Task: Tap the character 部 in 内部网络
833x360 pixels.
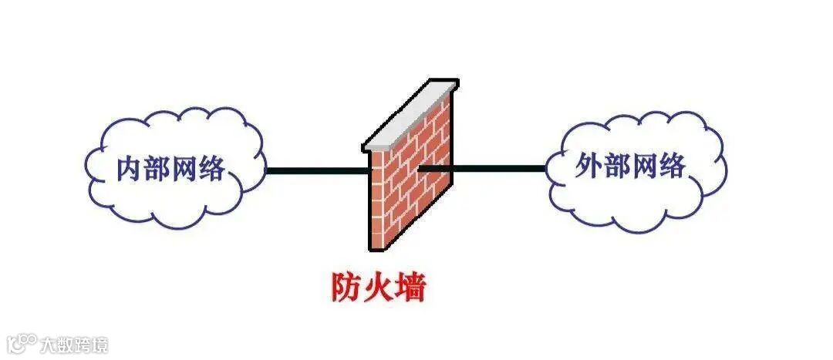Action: tap(157, 169)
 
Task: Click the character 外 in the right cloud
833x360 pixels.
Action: tap(588, 166)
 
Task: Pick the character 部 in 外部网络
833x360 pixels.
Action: tap(615, 166)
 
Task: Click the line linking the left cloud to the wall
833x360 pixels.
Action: tap(316, 170)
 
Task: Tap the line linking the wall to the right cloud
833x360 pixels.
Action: tap(501, 167)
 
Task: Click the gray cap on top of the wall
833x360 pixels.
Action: tap(409, 116)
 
